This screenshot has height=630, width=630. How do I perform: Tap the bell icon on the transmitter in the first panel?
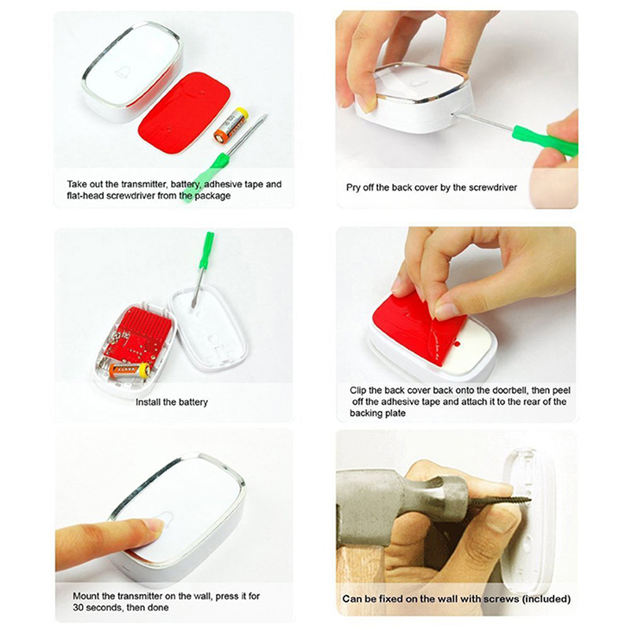coord(124,72)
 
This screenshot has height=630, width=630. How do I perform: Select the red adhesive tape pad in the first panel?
coord(184,110)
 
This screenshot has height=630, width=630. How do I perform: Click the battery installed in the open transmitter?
coord(129,369)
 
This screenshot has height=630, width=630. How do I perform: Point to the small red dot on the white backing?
coord(457,344)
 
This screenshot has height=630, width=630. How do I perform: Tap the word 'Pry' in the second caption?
coord(353,187)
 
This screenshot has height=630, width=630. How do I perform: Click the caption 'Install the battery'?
coord(172,402)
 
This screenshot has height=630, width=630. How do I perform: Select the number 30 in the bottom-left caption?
coord(78,607)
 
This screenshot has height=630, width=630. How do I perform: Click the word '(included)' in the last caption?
coord(547,599)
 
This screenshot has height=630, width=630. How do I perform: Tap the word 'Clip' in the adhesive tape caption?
coord(358,391)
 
